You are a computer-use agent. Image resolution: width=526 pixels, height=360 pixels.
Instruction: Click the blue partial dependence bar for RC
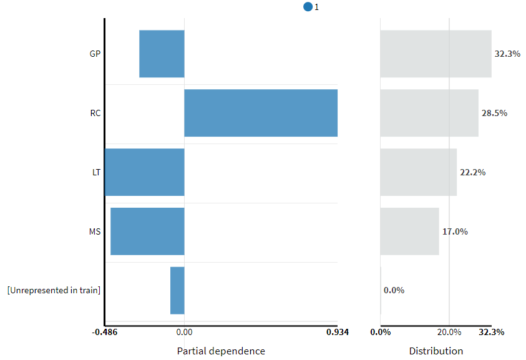(x=261, y=113)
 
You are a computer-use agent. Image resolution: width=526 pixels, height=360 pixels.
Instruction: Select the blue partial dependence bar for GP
(x=162, y=54)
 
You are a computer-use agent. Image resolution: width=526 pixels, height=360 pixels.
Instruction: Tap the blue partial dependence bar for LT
(x=145, y=172)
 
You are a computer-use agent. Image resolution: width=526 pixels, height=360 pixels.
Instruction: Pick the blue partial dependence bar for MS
(x=147, y=231)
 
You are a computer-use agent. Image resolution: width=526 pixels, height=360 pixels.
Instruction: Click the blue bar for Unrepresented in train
(x=177, y=291)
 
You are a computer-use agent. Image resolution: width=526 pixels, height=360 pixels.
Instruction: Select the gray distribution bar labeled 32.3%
(x=436, y=54)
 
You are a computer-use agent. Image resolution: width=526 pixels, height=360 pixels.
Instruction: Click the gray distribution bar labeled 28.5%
(x=429, y=113)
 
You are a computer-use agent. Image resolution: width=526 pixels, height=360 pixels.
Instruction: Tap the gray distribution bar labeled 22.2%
(x=418, y=172)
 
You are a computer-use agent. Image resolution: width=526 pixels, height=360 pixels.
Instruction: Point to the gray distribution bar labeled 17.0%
(x=409, y=231)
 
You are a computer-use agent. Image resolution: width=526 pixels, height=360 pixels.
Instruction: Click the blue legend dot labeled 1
(x=308, y=7)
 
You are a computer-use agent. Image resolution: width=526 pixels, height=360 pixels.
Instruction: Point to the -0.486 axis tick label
(x=105, y=332)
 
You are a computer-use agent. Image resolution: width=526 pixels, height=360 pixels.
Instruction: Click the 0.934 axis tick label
(x=338, y=332)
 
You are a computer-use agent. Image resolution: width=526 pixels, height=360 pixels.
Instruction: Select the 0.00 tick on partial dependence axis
(x=184, y=332)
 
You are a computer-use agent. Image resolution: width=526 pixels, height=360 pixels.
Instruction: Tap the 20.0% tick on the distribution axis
(x=449, y=332)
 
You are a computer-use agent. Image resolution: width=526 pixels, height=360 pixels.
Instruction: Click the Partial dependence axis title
(x=221, y=351)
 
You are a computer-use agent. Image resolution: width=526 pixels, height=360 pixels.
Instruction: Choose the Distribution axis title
(x=436, y=351)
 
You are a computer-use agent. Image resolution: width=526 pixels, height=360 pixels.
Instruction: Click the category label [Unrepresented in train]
(x=54, y=290)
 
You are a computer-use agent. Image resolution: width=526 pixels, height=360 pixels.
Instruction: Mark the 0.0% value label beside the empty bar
(x=394, y=290)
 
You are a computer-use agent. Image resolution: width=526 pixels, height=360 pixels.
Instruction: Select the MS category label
(x=95, y=231)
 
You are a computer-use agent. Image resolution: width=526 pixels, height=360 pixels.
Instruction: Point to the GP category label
(x=95, y=54)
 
